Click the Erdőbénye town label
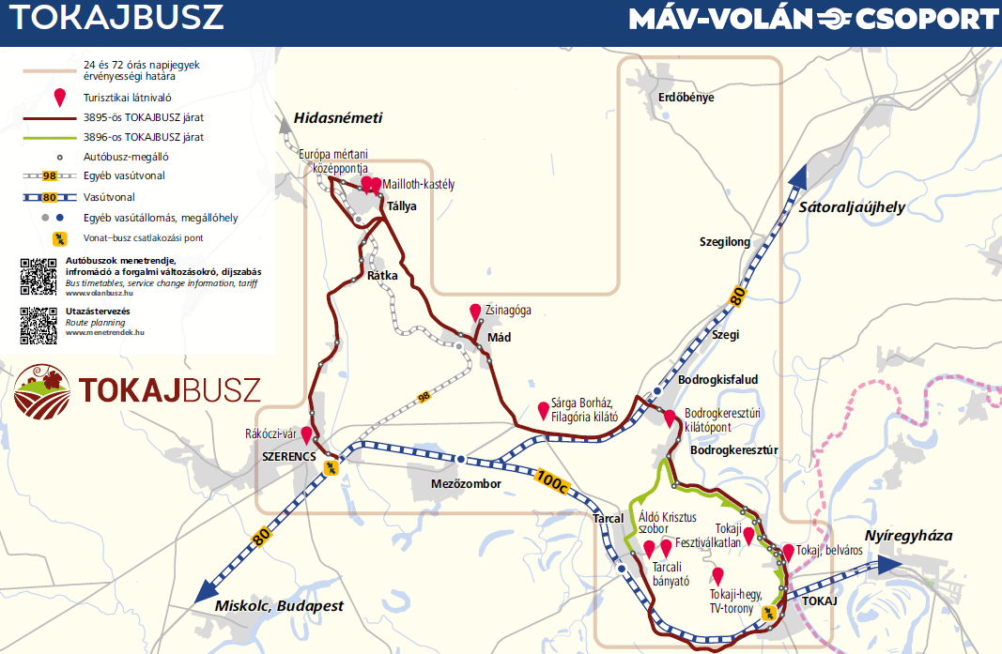pos(686,97)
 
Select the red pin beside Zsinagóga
pos(475,312)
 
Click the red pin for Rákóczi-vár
pos(305,435)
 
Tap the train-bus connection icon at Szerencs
pos(330,467)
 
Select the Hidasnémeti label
pos(338,118)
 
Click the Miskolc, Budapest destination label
pos(279,605)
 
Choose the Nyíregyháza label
pos(908,536)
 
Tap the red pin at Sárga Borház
pos(543,410)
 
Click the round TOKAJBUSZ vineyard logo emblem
pos(41,390)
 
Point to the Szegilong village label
pos(725,242)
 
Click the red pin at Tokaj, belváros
pos(789,552)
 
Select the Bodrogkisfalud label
pos(717,379)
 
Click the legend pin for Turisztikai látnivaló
pos(60,97)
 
